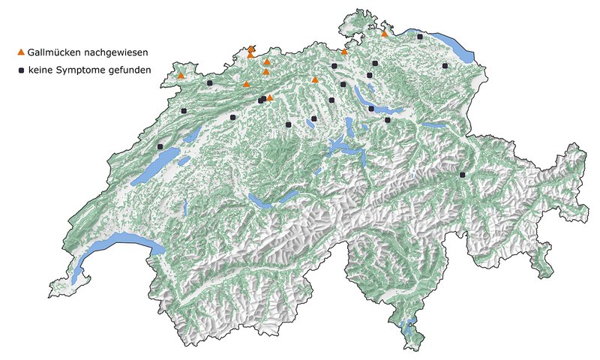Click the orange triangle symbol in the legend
pyautogui.click(x=21, y=52)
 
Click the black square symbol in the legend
pyautogui.click(x=21, y=70)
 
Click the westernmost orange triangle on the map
pyautogui.click(x=181, y=75)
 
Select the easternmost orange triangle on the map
pyautogui.click(x=384, y=33)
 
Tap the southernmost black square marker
pyautogui.click(x=463, y=175)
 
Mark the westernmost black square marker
pyautogui.click(x=160, y=146)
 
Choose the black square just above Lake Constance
pyautogui.click(x=420, y=36)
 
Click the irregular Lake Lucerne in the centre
pyautogui.click(x=345, y=146)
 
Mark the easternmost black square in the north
pyautogui.click(x=445, y=66)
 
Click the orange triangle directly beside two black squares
pyautogui.click(x=270, y=97)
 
